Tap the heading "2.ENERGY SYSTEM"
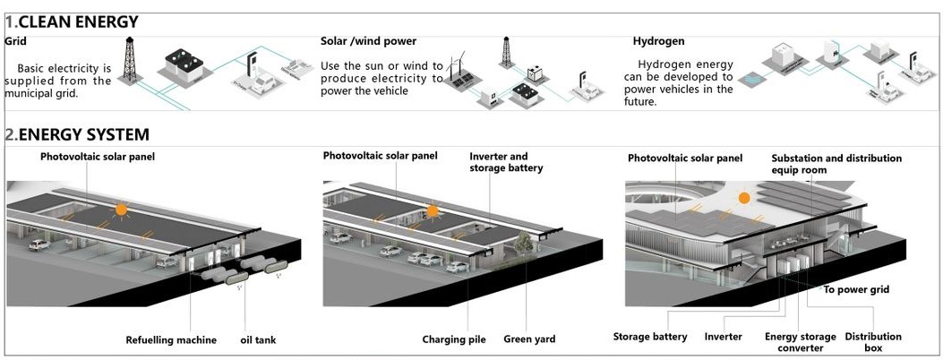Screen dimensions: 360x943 pos(77,134)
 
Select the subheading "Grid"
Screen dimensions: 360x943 pos(14,41)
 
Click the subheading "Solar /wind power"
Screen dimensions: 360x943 pos(368,41)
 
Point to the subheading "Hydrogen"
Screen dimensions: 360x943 pos(659,41)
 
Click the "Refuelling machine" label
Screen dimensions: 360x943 pos(170,339)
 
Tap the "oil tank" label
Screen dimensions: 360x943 pos(261,339)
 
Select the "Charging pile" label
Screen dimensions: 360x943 pos(454,339)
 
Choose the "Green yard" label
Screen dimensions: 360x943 pos(528,339)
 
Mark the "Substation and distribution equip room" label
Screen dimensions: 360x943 pos(836,164)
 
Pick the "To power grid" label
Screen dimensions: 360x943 pos(856,290)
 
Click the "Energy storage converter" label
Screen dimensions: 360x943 pos(800,342)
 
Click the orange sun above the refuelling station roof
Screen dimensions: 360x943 pos(121,210)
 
